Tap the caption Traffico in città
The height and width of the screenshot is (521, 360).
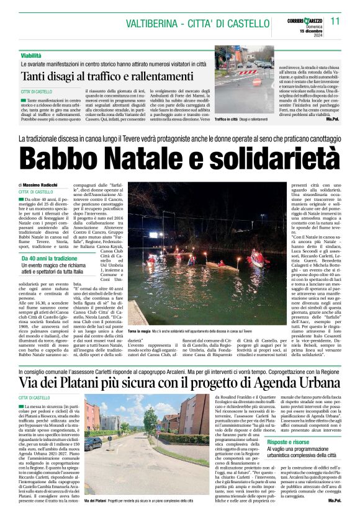coord(227,118)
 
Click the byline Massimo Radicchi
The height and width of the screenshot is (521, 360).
coord(41,185)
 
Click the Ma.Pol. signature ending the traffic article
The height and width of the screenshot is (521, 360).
coord(333,118)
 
